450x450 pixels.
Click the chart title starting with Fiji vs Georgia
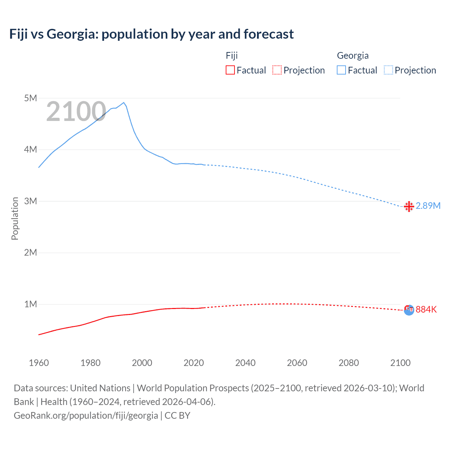(152, 34)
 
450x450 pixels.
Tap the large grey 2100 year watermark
(76, 112)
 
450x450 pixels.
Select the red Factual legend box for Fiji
(230, 70)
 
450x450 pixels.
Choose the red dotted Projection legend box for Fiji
(277, 70)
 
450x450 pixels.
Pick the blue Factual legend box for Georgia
(341, 70)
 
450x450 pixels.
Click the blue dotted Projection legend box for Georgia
(388, 70)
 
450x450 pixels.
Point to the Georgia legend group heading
(353, 56)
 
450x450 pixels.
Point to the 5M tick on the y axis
(31, 98)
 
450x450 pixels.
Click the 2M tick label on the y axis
(31, 252)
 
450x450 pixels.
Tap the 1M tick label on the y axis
(31, 304)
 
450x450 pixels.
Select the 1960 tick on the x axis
(39, 363)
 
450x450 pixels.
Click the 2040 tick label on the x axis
(245, 363)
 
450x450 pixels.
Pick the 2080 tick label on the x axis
(349, 363)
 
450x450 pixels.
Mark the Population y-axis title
(15, 218)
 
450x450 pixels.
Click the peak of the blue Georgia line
(123, 103)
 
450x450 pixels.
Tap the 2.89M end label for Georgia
(428, 206)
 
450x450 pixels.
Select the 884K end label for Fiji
(426, 309)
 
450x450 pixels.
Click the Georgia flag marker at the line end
(409, 206)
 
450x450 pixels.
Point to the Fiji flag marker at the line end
(409, 310)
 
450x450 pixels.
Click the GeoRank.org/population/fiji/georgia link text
(86, 416)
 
